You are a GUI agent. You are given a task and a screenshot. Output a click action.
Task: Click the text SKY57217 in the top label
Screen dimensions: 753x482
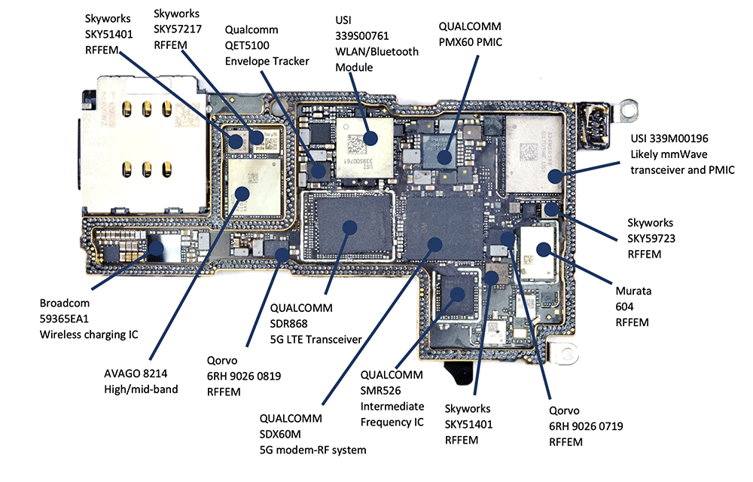[x=177, y=29]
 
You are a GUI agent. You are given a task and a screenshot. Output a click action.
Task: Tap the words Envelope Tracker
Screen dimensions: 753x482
[x=267, y=62]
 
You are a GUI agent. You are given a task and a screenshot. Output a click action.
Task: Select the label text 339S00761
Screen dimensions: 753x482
[x=361, y=36]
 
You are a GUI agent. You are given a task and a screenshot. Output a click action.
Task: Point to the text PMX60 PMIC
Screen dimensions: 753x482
[x=470, y=42]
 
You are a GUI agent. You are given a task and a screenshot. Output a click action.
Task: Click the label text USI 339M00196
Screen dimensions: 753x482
[x=669, y=139]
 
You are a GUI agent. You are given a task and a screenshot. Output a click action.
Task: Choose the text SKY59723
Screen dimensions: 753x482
[x=651, y=239]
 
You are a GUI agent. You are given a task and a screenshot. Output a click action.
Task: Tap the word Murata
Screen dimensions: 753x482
[x=633, y=291]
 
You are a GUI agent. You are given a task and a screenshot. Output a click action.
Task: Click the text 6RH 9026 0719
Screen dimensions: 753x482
[x=586, y=426]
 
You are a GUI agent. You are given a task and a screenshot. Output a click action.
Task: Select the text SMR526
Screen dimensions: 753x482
[x=380, y=391]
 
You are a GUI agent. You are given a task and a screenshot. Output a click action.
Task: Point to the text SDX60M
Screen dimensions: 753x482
[x=280, y=435]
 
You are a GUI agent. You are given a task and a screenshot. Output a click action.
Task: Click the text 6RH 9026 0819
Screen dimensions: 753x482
[x=244, y=377]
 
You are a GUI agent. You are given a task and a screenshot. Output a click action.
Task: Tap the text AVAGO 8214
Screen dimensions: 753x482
[x=136, y=374]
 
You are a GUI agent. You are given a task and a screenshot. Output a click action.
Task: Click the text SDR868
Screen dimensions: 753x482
[x=288, y=324]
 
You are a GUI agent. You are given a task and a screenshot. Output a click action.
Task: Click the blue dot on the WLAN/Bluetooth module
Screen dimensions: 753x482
[x=370, y=139]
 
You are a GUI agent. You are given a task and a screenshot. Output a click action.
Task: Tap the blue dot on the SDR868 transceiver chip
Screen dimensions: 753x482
[x=349, y=227]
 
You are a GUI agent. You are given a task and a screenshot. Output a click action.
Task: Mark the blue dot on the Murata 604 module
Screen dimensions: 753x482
[x=544, y=249]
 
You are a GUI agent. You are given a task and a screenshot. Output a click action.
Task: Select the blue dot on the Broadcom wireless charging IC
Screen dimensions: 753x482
[x=156, y=249]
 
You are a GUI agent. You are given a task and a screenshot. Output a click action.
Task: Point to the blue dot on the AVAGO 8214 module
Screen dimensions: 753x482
[x=242, y=194]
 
